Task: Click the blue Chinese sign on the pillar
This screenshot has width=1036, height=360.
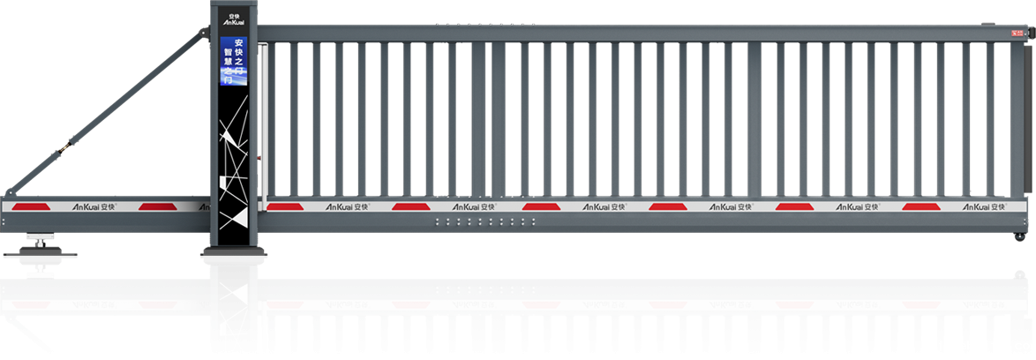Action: coord(234,61)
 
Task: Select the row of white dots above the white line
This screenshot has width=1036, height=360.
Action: coord(485,221)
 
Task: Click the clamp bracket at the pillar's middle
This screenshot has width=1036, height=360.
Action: coord(234,256)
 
